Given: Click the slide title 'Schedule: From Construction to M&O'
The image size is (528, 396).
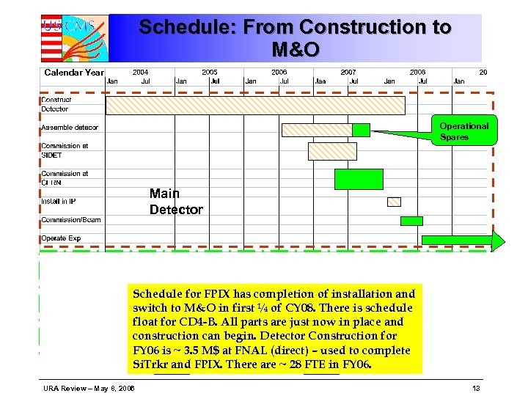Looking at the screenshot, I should click(295, 38).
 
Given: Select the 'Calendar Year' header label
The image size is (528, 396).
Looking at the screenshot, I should click(73, 73).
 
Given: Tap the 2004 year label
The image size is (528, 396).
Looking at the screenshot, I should click(140, 73).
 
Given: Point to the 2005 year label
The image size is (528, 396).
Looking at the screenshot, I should click(210, 73).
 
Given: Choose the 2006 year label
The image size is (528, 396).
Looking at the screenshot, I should click(279, 73).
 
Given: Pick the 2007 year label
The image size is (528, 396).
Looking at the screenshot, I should click(348, 73).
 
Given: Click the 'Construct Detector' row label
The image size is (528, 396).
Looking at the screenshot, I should click(56, 104).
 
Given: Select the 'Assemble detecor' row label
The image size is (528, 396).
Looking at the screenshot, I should click(70, 128).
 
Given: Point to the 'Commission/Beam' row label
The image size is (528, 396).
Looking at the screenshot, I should click(71, 220).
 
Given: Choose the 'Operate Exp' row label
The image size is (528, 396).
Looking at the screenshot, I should click(61, 238).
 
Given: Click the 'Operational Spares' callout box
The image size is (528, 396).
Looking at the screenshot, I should click(463, 131).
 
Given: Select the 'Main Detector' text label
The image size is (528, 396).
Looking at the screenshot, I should click(176, 202).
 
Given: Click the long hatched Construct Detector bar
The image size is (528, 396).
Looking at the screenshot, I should click(255, 106).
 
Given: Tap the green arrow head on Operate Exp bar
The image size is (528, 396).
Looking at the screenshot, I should click(499, 240).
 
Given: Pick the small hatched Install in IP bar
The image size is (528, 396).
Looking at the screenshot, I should click(394, 202).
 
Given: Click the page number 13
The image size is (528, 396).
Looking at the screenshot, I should click(477, 387).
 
